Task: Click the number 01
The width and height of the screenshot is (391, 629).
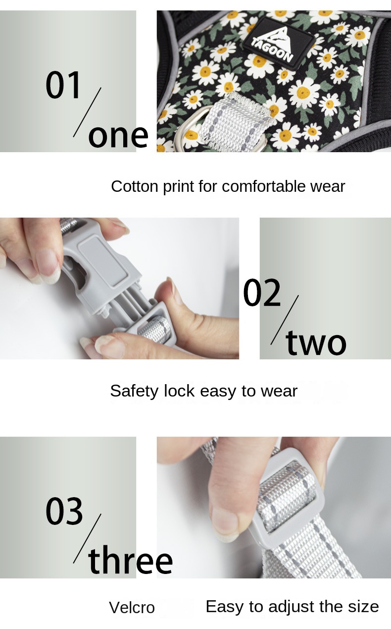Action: [63, 85]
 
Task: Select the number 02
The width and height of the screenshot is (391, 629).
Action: [262, 293]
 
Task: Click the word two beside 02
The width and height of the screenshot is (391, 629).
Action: [316, 343]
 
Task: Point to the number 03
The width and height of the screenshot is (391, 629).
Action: [64, 511]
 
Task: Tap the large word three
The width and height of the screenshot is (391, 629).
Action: [130, 561]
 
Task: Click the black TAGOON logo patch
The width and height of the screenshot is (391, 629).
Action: [279, 41]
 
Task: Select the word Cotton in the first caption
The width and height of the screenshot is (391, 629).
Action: [129, 186]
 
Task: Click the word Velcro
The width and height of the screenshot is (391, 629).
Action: [132, 608]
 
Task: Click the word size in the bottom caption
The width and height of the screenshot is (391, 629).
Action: [363, 607]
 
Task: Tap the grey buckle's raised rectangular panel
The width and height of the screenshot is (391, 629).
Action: [103, 261]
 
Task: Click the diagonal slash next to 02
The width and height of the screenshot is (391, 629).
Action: [285, 320]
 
